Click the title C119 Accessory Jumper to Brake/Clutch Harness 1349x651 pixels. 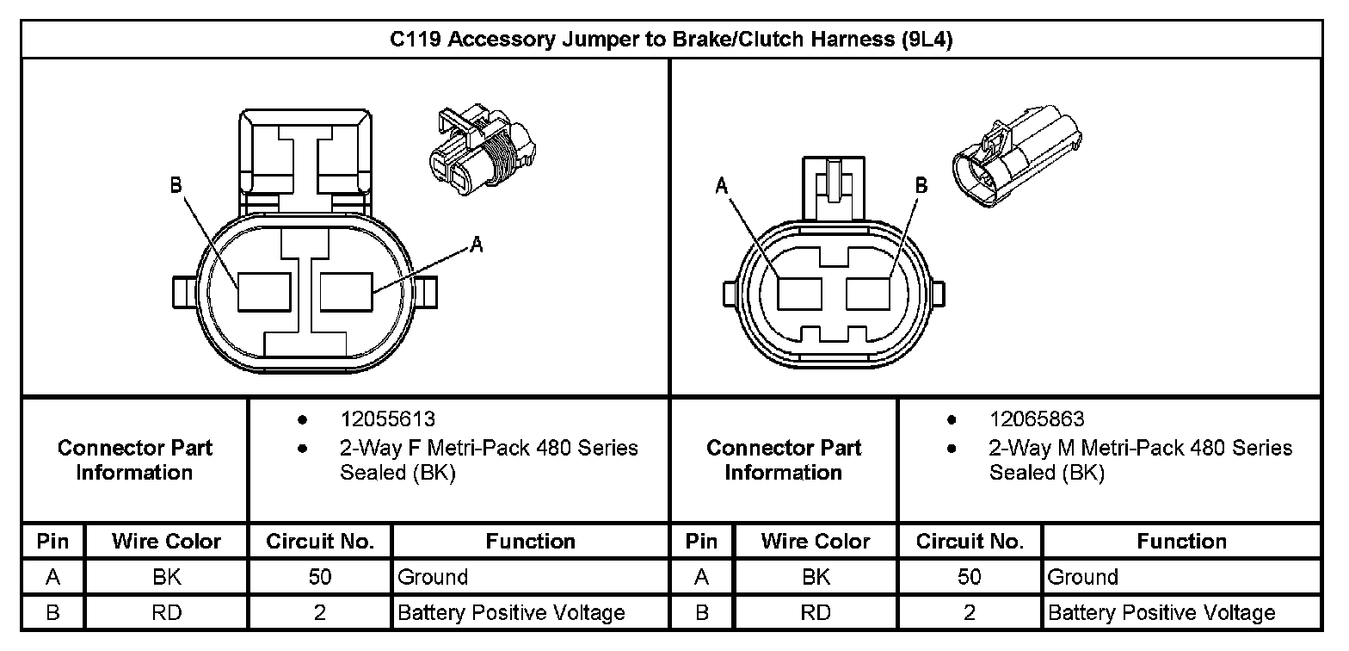coord(671,40)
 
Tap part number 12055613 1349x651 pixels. coord(387,419)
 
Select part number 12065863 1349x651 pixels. coord(1037,419)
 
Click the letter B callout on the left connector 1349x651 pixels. coord(176,185)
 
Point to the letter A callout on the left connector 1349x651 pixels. coord(477,246)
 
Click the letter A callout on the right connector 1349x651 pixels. coord(722,185)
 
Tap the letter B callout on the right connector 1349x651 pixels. coord(921,185)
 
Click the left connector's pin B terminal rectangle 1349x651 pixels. coord(264,292)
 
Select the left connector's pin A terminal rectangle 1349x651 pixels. coord(347,292)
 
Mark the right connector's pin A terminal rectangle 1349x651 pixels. coord(801,294)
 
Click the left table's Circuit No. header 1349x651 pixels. coord(320,542)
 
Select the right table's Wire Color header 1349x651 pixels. coord(815,542)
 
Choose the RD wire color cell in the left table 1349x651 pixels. coord(167,613)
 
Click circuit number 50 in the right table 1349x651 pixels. coord(969,577)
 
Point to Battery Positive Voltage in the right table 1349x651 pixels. coord(1161,613)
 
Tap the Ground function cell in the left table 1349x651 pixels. coord(433,577)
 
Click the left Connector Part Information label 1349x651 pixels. coord(134,460)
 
